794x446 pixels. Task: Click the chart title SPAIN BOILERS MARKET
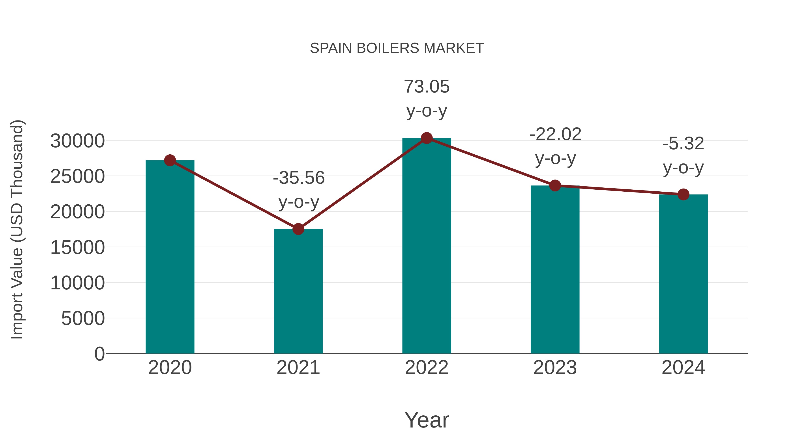(x=397, y=48)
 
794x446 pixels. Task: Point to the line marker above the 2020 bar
(x=170, y=160)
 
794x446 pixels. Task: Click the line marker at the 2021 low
(x=298, y=229)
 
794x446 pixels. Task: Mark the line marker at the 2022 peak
(x=427, y=138)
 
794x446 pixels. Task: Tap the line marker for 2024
(x=683, y=194)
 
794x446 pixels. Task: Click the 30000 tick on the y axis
(x=77, y=141)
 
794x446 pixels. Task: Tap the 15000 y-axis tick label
(x=77, y=248)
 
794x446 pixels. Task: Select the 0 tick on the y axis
(x=99, y=354)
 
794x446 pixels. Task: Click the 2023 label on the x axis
(x=555, y=368)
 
